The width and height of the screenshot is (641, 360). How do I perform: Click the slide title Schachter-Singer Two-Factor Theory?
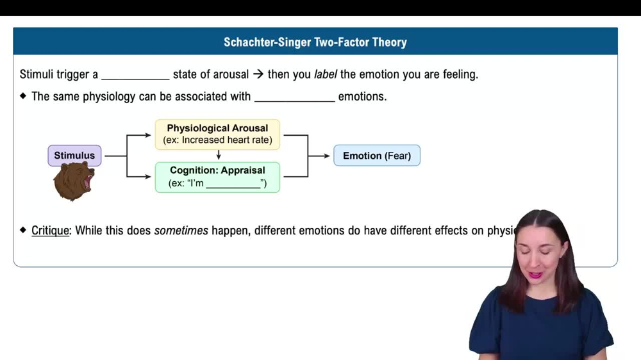(315, 42)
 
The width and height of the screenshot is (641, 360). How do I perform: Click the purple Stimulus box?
(74, 156)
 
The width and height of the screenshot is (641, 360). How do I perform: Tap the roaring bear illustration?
(74, 181)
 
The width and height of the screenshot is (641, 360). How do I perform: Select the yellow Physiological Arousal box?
(217, 134)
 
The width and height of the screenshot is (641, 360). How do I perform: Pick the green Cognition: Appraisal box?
(217, 177)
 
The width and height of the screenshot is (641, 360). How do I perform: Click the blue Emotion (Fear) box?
(377, 156)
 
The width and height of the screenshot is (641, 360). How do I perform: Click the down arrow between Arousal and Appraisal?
(219, 156)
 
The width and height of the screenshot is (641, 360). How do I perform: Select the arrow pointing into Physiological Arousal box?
(144, 135)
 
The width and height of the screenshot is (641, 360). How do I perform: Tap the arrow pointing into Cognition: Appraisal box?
(144, 176)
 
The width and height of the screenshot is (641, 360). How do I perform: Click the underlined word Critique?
(51, 231)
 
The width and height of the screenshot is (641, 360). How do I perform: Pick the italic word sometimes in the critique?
(181, 231)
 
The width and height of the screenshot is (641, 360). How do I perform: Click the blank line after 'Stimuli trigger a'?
(135, 78)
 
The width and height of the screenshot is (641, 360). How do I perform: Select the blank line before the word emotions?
(294, 101)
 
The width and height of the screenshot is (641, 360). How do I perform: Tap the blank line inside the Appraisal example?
(233, 187)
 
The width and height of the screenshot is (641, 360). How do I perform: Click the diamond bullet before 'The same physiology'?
(24, 97)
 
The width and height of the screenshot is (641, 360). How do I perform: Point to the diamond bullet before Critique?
(24, 230)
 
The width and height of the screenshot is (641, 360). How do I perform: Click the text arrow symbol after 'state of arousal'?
(258, 74)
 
